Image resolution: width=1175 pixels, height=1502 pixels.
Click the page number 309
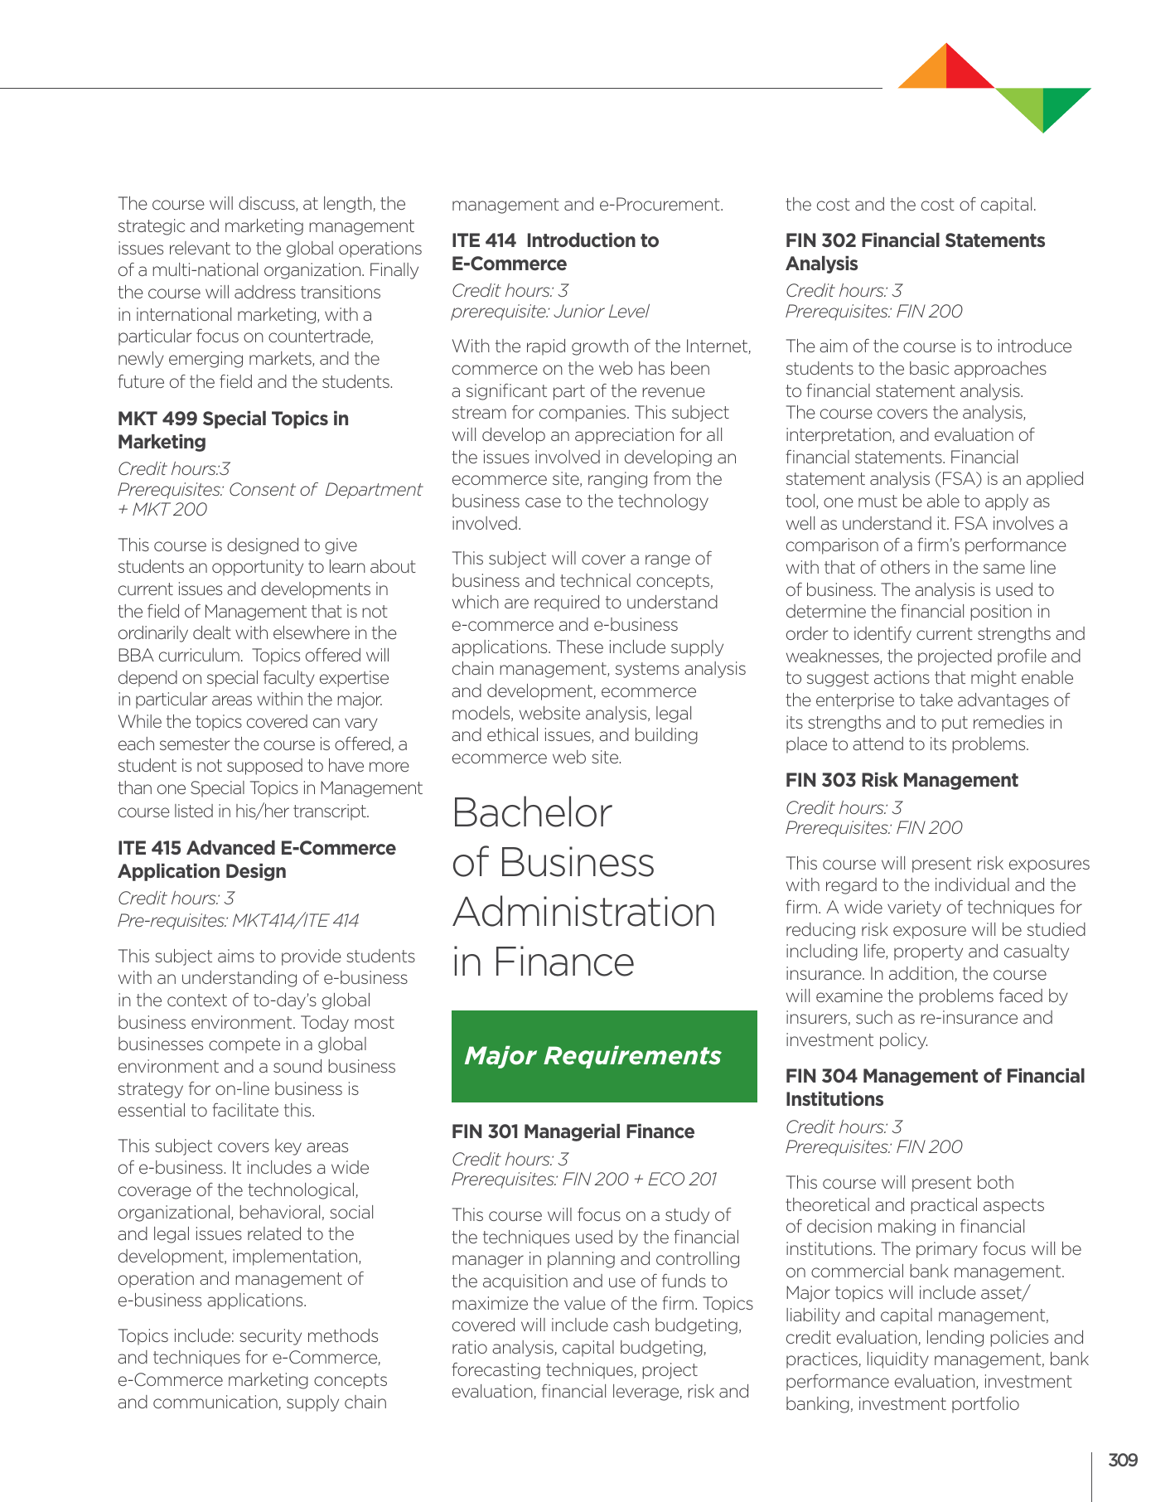pos(1123,1461)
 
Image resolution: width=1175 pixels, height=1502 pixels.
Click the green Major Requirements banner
pos(604,1056)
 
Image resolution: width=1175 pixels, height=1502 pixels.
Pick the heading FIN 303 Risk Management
pos(902,780)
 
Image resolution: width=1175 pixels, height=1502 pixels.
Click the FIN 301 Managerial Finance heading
pos(573,1131)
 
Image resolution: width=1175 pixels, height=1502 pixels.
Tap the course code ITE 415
pos(149,848)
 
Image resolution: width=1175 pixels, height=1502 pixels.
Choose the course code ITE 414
pos(483,240)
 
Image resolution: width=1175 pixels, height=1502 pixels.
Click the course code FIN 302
pos(820,240)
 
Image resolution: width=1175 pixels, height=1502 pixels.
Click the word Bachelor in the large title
pos(532,813)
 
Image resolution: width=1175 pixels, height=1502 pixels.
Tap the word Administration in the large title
pos(583,913)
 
